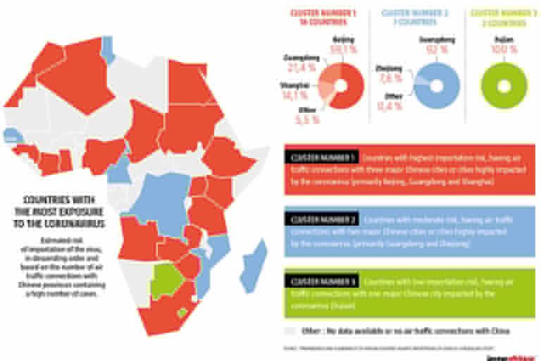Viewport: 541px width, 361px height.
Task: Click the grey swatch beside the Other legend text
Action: [289, 330]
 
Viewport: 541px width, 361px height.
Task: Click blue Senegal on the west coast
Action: [11, 134]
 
